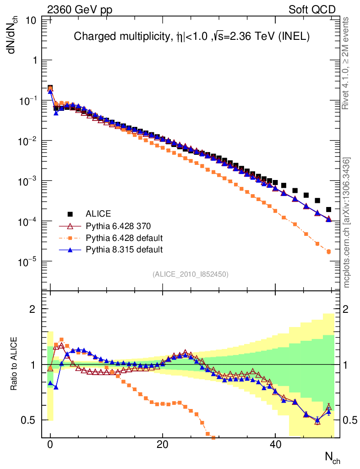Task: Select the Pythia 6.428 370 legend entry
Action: click(x=118, y=226)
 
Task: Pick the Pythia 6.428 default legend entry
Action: click(x=124, y=238)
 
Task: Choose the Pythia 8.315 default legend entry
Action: click(x=124, y=250)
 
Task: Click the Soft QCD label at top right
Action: click(x=312, y=9)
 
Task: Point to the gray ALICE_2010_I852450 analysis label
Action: click(x=190, y=274)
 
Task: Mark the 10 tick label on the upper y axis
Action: click(x=31, y=20)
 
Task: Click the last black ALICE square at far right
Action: click(x=328, y=209)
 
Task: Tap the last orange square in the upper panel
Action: click(x=328, y=251)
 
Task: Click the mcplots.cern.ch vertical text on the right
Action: click(x=347, y=223)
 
